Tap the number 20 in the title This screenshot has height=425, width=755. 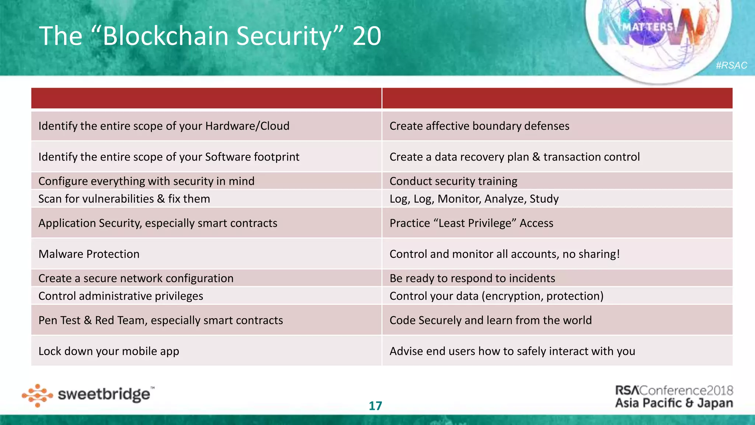(x=366, y=36)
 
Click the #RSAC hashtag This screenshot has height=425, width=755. (x=731, y=65)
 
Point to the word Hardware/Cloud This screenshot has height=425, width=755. (x=247, y=126)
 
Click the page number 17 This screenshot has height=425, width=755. (x=375, y=406)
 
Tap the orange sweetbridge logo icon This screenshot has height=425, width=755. (x=37, y=395)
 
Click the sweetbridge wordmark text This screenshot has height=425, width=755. (x=104, y=394)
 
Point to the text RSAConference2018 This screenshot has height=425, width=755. (x=674, y=390)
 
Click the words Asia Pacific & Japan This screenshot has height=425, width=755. (x=674, y=403)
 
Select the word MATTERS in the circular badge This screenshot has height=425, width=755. (x=648, y=27)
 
